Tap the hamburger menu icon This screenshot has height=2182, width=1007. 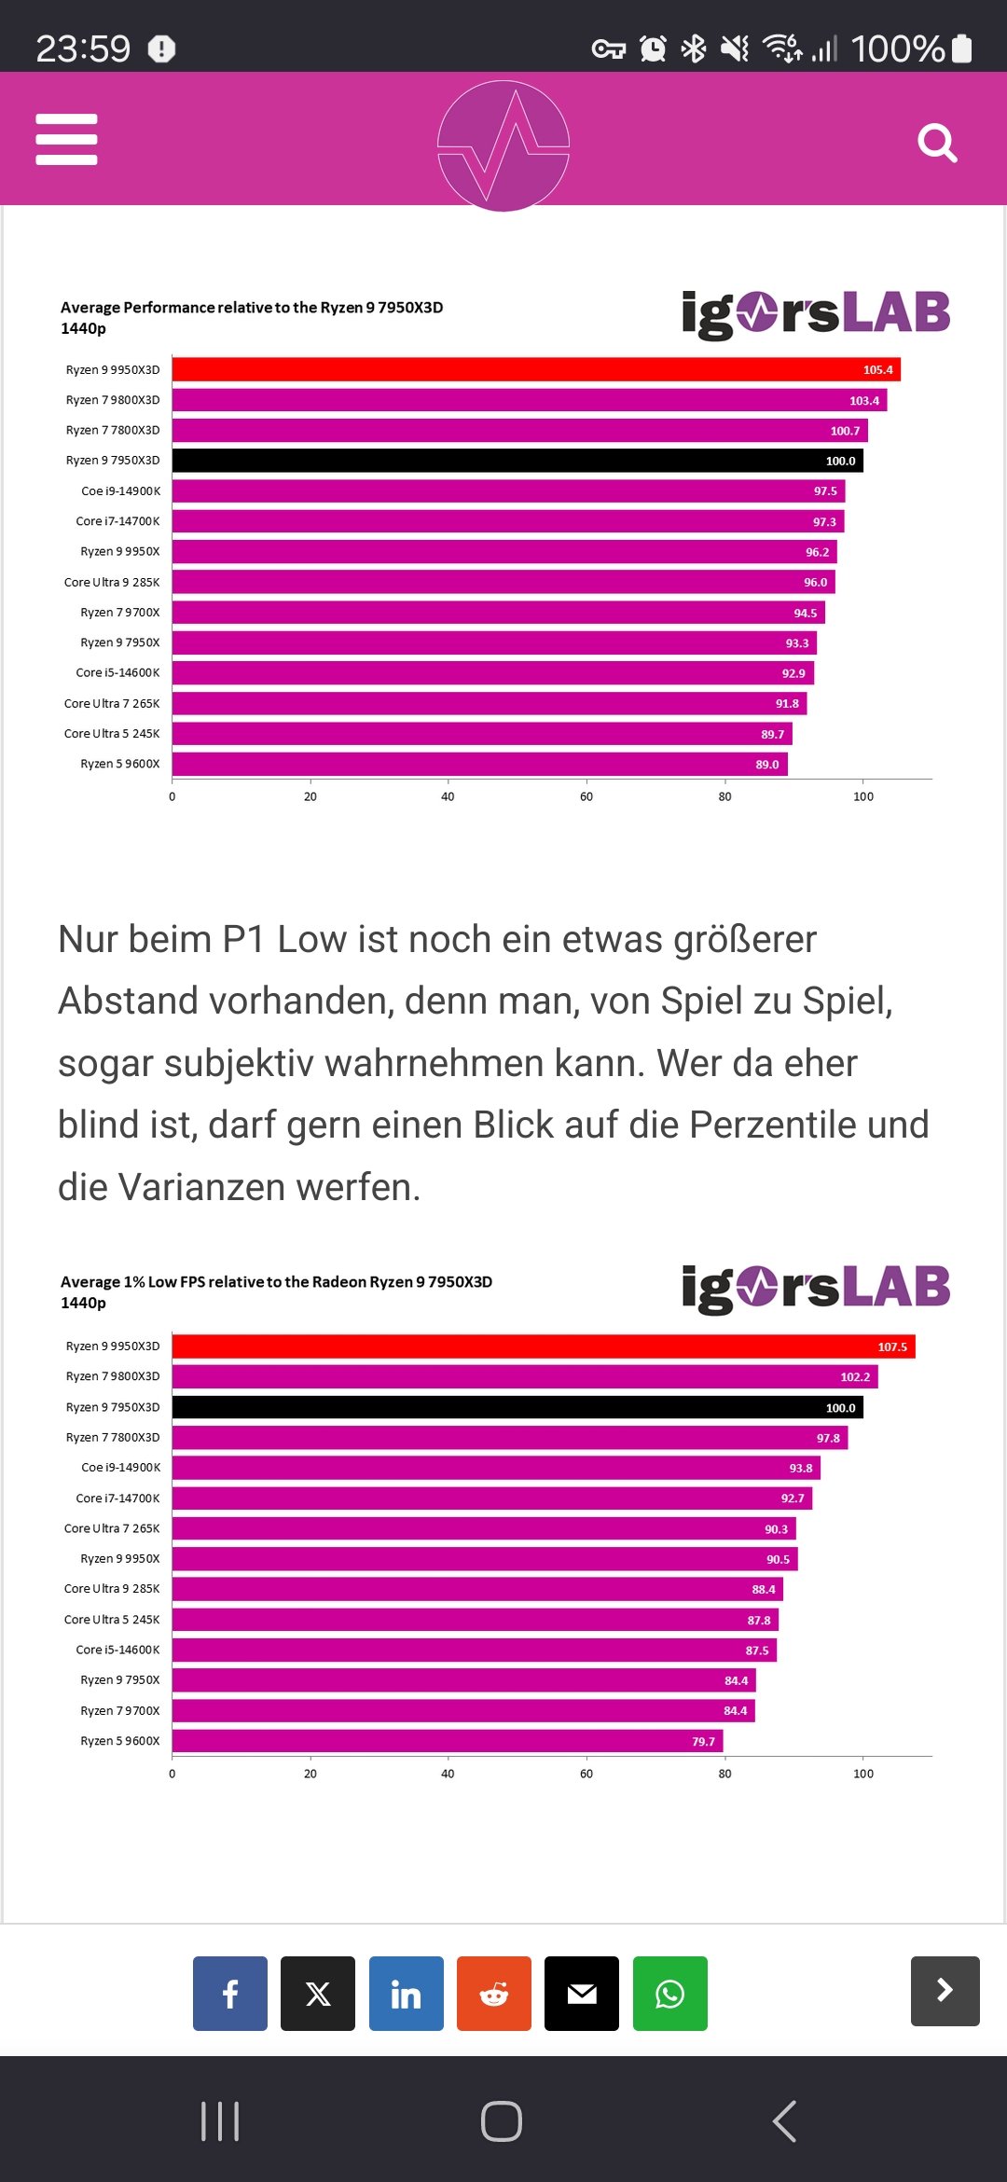click(x=66, y=140)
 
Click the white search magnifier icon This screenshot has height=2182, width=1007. click(x=937, y=143)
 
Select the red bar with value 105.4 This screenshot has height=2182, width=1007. click(x=536, y=369)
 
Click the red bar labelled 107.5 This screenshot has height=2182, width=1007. click(x=544, y=1346)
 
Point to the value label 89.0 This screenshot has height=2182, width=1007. click(x=766, y=765)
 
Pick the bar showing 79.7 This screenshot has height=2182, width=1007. click(x=448, y=1741)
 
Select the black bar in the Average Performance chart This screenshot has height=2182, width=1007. click(x=517, y=461)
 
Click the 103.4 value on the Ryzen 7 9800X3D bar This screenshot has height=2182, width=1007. click(x=863, y=401)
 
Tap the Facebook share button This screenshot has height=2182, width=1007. click(x=230, y=1994)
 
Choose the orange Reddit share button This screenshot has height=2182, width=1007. click(x=494, y=1994)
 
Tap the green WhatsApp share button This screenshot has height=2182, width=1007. click(x=669, y=1994)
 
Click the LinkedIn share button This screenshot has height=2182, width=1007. click(x=406, y=1994)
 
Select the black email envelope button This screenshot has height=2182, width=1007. click(x=582, y=1994)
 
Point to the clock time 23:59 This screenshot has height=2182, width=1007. click(x=83, y=48)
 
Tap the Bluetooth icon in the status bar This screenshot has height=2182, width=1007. click(x=694, y=48)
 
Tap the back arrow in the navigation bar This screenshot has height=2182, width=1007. click(x=785, y=2121)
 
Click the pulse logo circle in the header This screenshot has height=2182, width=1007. click(x=504, y=145)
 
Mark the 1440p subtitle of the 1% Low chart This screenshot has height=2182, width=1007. click(x=83, y=1303)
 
